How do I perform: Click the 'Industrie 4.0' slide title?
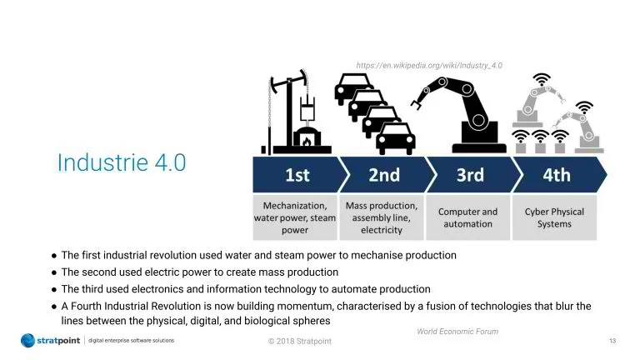(x=122, y=162)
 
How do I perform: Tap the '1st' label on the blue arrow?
(x=297, y=175)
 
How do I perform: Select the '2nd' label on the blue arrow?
(x=384, y=175)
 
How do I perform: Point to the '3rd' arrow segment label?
(x=470, y=175)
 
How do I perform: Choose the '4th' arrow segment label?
(x=557, y=175)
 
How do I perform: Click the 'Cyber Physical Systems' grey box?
(x=554, y=217)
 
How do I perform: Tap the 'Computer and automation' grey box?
(x=467, y=217)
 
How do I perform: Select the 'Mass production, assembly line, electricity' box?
(x=381, y=217)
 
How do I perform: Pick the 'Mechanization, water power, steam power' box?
(x=295, y=217)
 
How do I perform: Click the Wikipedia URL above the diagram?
(x=429, y=65)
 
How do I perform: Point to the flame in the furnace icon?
(x=307, y=141)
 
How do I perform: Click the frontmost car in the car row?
(x=395, y=139)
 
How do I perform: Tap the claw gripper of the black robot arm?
(x=417, y=102)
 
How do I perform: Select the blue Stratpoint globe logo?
(x=27, y=340)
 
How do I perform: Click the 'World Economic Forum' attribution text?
(x=457, y=332)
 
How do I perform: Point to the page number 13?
(x=612, y=340)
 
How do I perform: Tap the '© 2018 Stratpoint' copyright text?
(x=300, y=341)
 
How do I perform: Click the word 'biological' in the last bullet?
(x=267, y=321)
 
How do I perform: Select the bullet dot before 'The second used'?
(x=54, y=272)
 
